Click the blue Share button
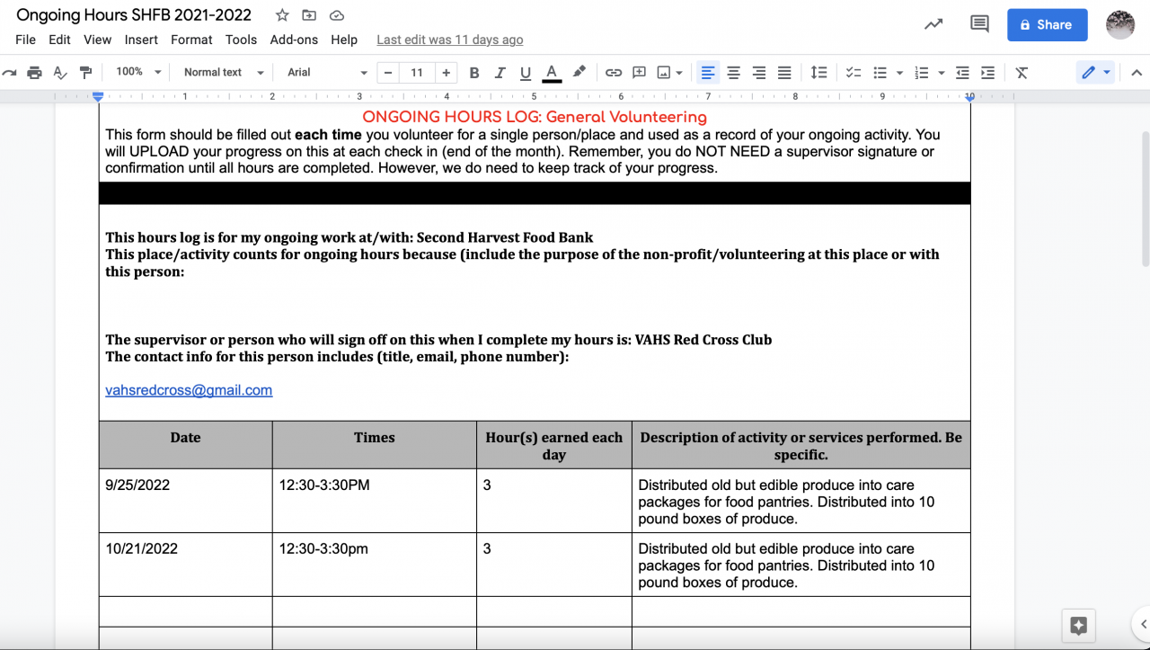point(1047,25)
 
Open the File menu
point(25,40)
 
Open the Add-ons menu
point(294,40)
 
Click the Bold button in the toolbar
point(474,73)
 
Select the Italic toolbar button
point(500,73)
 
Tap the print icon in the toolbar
point(34,73)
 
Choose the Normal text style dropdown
point(223,73)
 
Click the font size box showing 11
point(417,73)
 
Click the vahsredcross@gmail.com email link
point(189,390)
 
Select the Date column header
point(185,438)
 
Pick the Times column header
point(374,438)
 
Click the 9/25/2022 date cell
point(137,485)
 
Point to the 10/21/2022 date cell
point(141,549)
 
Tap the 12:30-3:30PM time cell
point(323,485)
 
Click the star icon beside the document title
point(282,15)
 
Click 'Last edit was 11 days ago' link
point(449,40)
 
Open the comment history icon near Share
point(979,25)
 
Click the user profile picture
point(1119,25)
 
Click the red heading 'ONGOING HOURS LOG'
point(534,117)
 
